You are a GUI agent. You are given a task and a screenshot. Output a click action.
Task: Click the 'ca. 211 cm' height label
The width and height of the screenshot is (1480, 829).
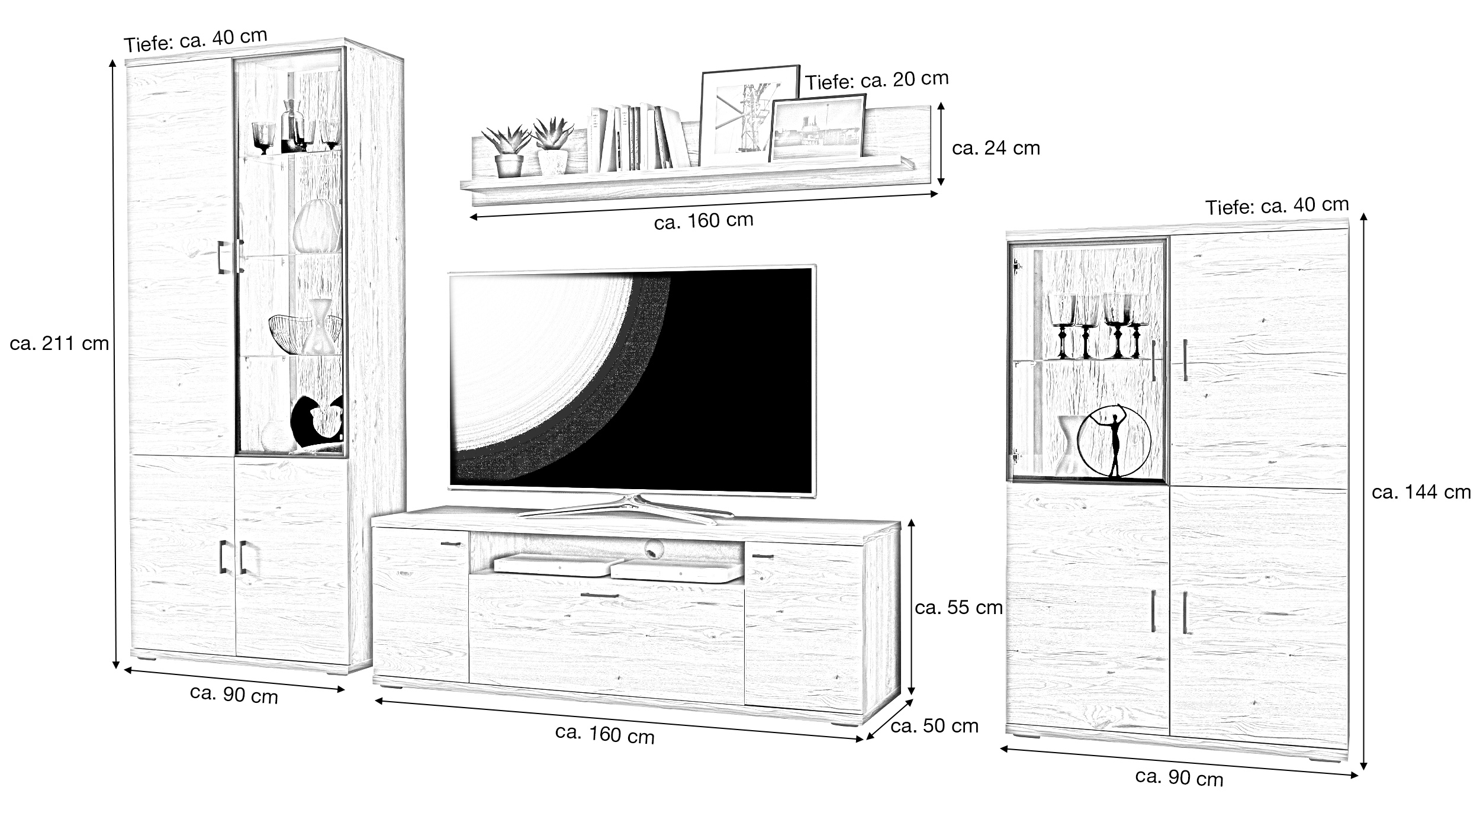click(x=59, y=343)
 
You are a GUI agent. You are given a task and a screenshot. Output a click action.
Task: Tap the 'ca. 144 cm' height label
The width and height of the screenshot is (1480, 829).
click(x=1421, y=492)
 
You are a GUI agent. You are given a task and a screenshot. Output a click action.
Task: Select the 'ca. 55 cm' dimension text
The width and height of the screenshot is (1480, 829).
click(x=958, y=608)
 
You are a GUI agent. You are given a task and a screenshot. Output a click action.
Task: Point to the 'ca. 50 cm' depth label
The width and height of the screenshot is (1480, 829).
click(x=934, y=726)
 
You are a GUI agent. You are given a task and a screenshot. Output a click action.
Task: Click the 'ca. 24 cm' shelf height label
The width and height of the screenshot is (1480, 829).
click(x=996, y=148)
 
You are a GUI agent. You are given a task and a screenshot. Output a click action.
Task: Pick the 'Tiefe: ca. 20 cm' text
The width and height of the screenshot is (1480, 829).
click(x=876, y=81)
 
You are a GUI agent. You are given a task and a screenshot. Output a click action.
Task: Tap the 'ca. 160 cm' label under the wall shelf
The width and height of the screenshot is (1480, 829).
click(x=703, y=221)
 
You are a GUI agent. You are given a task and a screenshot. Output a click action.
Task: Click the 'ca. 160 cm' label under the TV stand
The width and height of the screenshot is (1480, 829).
click(x=604, y=734)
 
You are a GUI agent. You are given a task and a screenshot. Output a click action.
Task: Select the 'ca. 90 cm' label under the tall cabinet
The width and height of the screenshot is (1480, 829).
click(x=234, y=695)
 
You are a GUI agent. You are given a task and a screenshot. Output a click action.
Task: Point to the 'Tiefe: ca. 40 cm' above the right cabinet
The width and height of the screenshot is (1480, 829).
click(x=1277, y=206)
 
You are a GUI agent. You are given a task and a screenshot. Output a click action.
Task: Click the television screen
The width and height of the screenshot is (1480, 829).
click(x=631, y=379)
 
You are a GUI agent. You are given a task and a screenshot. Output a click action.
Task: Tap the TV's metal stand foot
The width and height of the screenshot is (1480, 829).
click(x=628, y=509)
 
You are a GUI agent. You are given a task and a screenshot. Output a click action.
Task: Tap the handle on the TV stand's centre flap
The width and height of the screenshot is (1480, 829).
click(x=599, y=595)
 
